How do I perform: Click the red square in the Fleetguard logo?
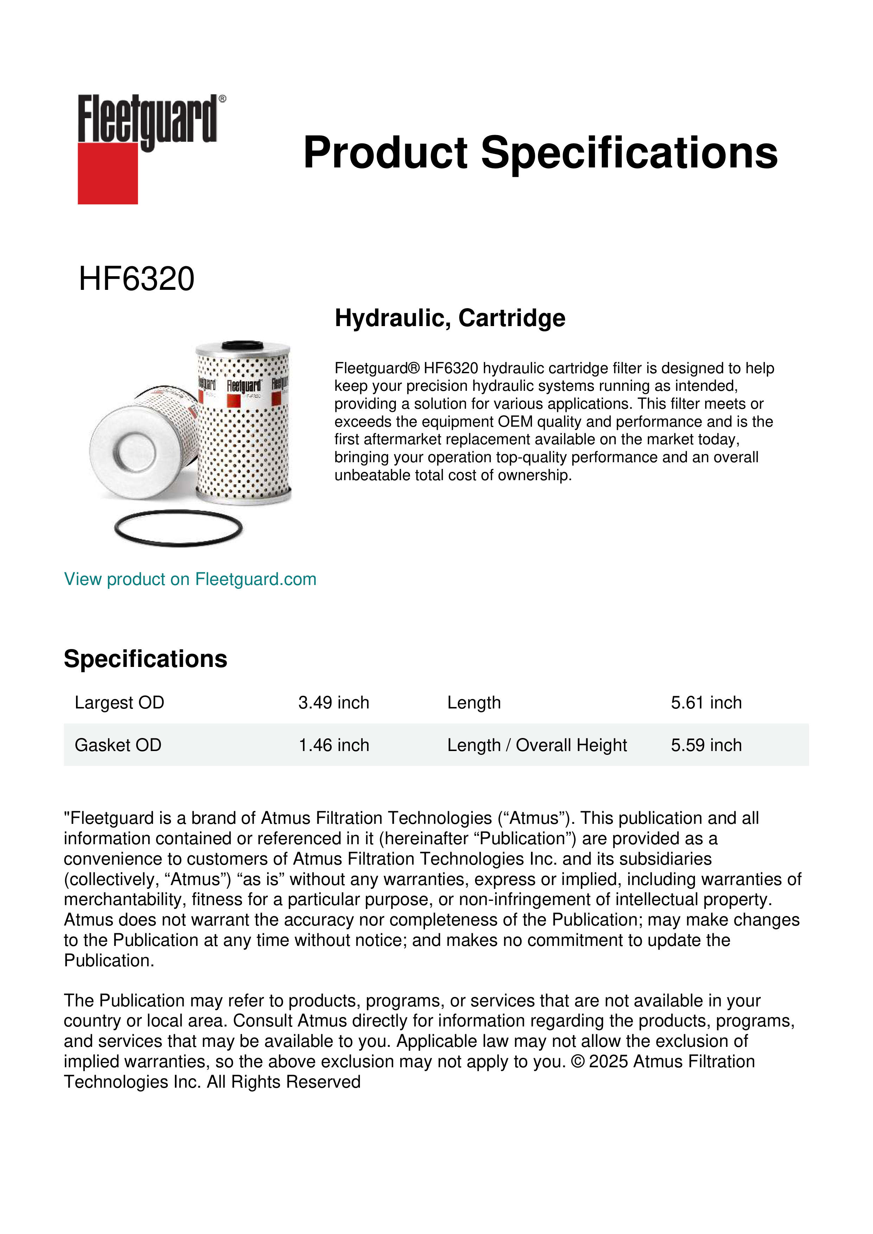(x=108, y=174)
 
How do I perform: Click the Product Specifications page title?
(x=540, y=153)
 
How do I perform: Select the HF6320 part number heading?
(x=137, y=279)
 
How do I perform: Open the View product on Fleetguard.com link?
(x=190, y=579)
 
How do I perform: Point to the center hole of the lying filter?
(x=135, y=451)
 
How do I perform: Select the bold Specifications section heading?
(x=145, y=659)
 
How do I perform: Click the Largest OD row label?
(x=119, y=702)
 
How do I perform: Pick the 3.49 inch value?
(x=334, y=702)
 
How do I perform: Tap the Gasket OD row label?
(x=118, y=745)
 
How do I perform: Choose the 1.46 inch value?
(x=334, y=745)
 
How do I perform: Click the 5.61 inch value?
(x=706, y=702)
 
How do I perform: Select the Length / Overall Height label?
(x=537, y=745)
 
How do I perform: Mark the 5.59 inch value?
(x=706, y=745)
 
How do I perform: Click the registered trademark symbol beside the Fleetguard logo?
(x=222, y=99)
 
